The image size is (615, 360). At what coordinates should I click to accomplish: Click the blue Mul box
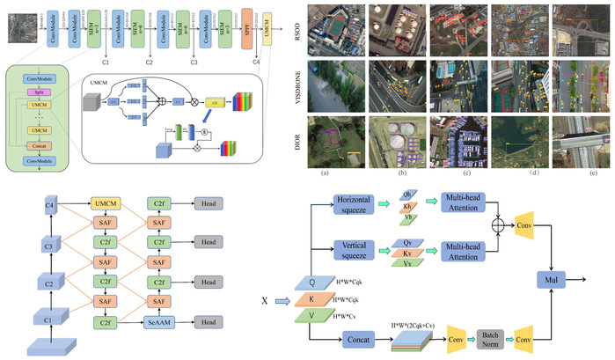click(553, 281)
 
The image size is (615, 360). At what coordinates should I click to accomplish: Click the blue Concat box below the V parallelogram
click(360, 338)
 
